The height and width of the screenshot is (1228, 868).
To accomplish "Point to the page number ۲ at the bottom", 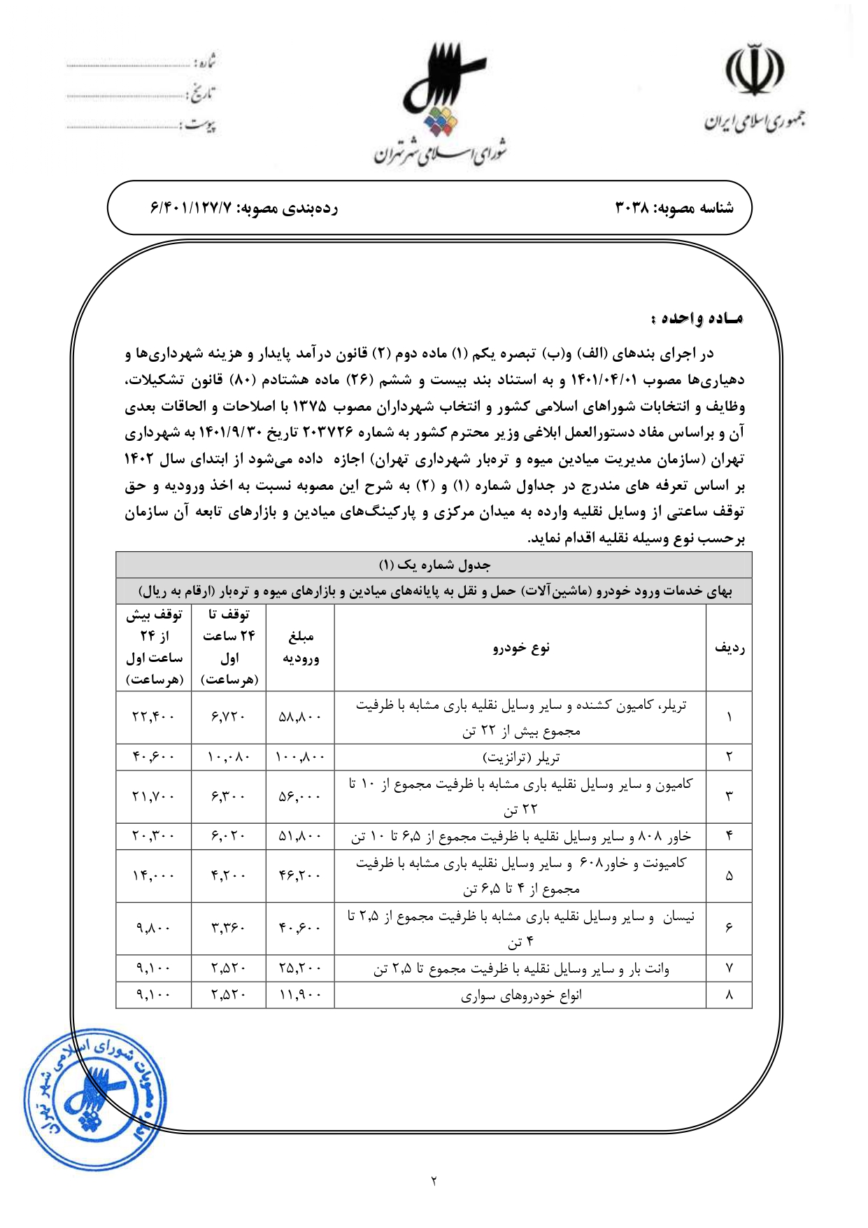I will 434,1181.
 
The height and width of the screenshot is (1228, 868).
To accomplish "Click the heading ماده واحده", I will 697,318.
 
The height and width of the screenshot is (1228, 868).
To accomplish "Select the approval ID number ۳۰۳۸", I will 633,208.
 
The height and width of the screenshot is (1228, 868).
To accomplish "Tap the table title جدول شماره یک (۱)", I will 434,565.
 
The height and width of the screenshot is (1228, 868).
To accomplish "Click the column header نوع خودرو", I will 521,647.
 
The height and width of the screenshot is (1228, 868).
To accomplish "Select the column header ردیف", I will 729,647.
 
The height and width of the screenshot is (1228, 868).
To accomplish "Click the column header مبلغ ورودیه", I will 301,647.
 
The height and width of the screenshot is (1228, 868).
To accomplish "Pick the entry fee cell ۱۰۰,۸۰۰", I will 300,757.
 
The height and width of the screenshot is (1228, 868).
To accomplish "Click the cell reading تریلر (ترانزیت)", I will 521,757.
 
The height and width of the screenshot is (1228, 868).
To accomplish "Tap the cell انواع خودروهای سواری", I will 521,995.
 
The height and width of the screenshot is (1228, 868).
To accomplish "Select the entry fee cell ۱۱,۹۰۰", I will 300,995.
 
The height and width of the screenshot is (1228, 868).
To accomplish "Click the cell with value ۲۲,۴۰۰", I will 153,717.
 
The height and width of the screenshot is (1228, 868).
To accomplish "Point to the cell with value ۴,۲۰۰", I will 228,876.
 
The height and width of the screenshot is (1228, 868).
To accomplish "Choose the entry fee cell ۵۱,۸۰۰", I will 300,836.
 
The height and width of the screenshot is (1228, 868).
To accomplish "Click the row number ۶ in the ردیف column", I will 729,928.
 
